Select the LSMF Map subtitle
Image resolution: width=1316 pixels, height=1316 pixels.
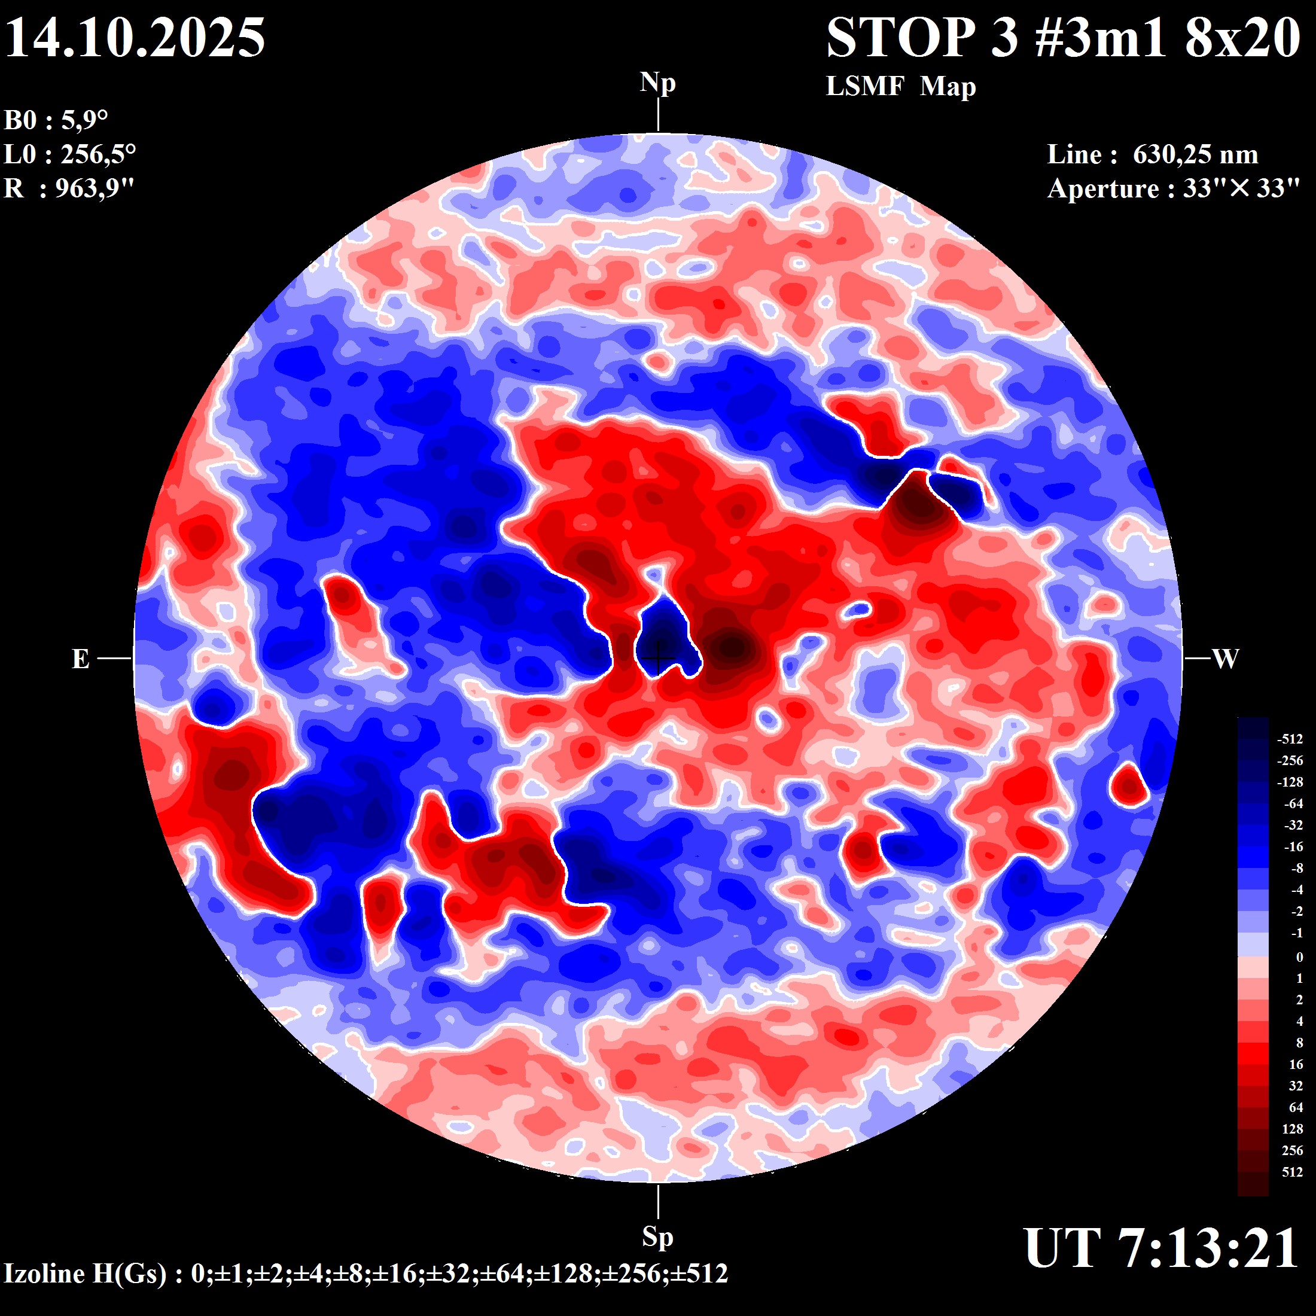click(900, 87)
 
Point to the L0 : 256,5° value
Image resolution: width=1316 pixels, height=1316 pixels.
click(69, 154)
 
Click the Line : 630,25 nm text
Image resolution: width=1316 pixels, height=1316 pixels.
click(1152, 154)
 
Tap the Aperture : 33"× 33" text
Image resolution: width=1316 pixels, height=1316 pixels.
click(1173, 188)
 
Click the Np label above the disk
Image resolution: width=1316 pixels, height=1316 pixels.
click(657, 83)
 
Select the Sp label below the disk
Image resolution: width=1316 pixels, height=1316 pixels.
click(657, 1236)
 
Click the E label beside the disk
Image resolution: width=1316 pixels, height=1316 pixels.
click(80, 659)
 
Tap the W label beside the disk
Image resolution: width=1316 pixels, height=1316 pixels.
click(1226, 659)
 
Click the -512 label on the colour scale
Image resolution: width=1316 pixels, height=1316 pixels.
click(1290, 739)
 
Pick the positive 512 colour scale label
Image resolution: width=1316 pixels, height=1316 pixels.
click(1292, 1172)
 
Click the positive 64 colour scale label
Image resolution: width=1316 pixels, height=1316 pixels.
click(1296, 1108)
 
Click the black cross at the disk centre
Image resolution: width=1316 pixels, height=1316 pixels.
click(657, 658)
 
